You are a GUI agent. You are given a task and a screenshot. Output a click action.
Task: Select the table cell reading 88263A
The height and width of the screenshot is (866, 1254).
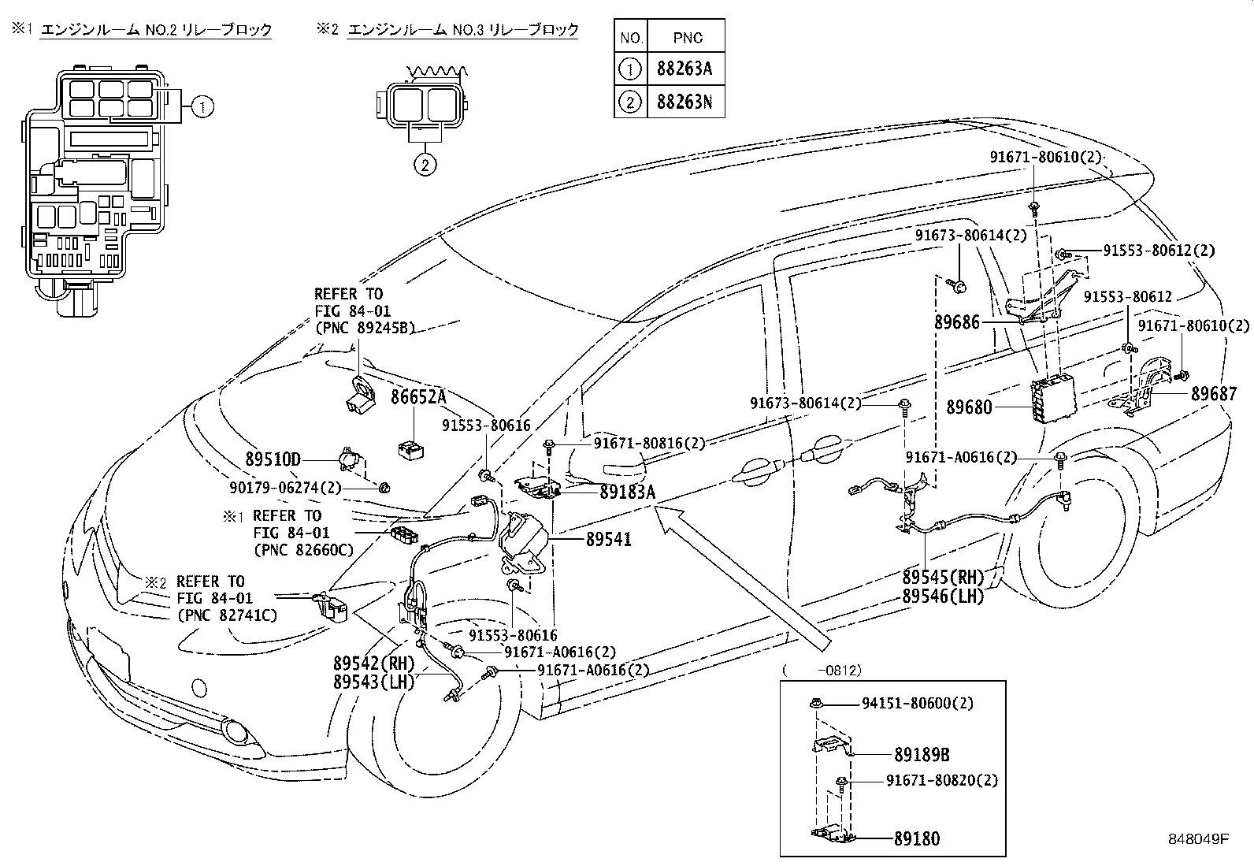point(684,69)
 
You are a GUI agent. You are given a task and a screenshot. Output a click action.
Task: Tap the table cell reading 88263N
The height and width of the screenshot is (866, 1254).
point(684,102)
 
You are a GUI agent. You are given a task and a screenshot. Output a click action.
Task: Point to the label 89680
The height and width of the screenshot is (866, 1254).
point(969,407)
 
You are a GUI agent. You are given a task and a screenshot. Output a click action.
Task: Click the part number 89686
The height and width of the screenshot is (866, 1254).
point(957,322)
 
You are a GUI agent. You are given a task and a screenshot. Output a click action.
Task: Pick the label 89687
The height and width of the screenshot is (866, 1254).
point(1214,394)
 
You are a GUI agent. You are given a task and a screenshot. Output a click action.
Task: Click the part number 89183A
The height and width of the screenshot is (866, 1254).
point(627,492)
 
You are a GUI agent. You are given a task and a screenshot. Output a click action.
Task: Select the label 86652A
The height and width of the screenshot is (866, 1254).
point(418,396)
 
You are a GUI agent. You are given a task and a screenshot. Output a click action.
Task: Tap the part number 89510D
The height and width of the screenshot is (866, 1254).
point(273,459)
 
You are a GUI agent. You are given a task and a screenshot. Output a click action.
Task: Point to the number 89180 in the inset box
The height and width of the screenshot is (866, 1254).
point(917,839)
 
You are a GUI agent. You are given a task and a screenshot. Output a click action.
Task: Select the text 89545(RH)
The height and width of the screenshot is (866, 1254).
point(944,578)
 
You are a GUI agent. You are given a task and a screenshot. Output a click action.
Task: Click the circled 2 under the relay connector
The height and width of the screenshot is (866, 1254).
point(425,165)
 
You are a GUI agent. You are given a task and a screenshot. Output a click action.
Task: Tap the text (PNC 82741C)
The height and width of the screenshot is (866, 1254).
point(227,615)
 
